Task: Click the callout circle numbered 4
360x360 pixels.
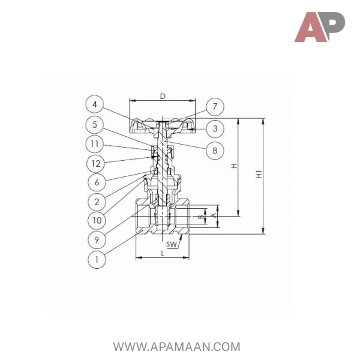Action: [x=95, y=104]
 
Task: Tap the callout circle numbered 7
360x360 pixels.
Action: [x=215, y=107]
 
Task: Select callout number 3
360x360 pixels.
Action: [x=215, y=128]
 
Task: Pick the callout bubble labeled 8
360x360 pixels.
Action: [x=215, y=151]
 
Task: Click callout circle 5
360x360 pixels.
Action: [x=95, y=125]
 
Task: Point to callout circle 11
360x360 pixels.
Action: [x=95, y=144]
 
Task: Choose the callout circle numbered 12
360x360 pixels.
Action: [x=96, y=163]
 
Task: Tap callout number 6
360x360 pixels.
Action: [x=97, y=182]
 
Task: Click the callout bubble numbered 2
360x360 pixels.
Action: [x=97, y=202]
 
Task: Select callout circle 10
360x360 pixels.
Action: [x=97, y=220]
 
